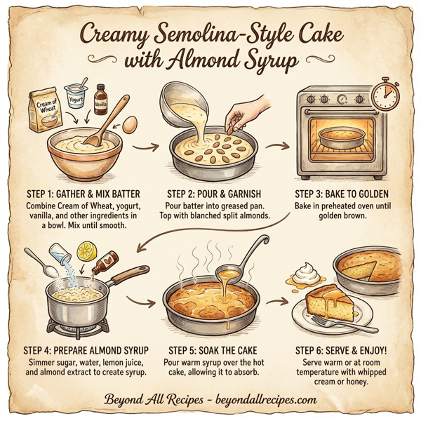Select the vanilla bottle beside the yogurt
100,100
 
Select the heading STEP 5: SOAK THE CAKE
215,348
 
